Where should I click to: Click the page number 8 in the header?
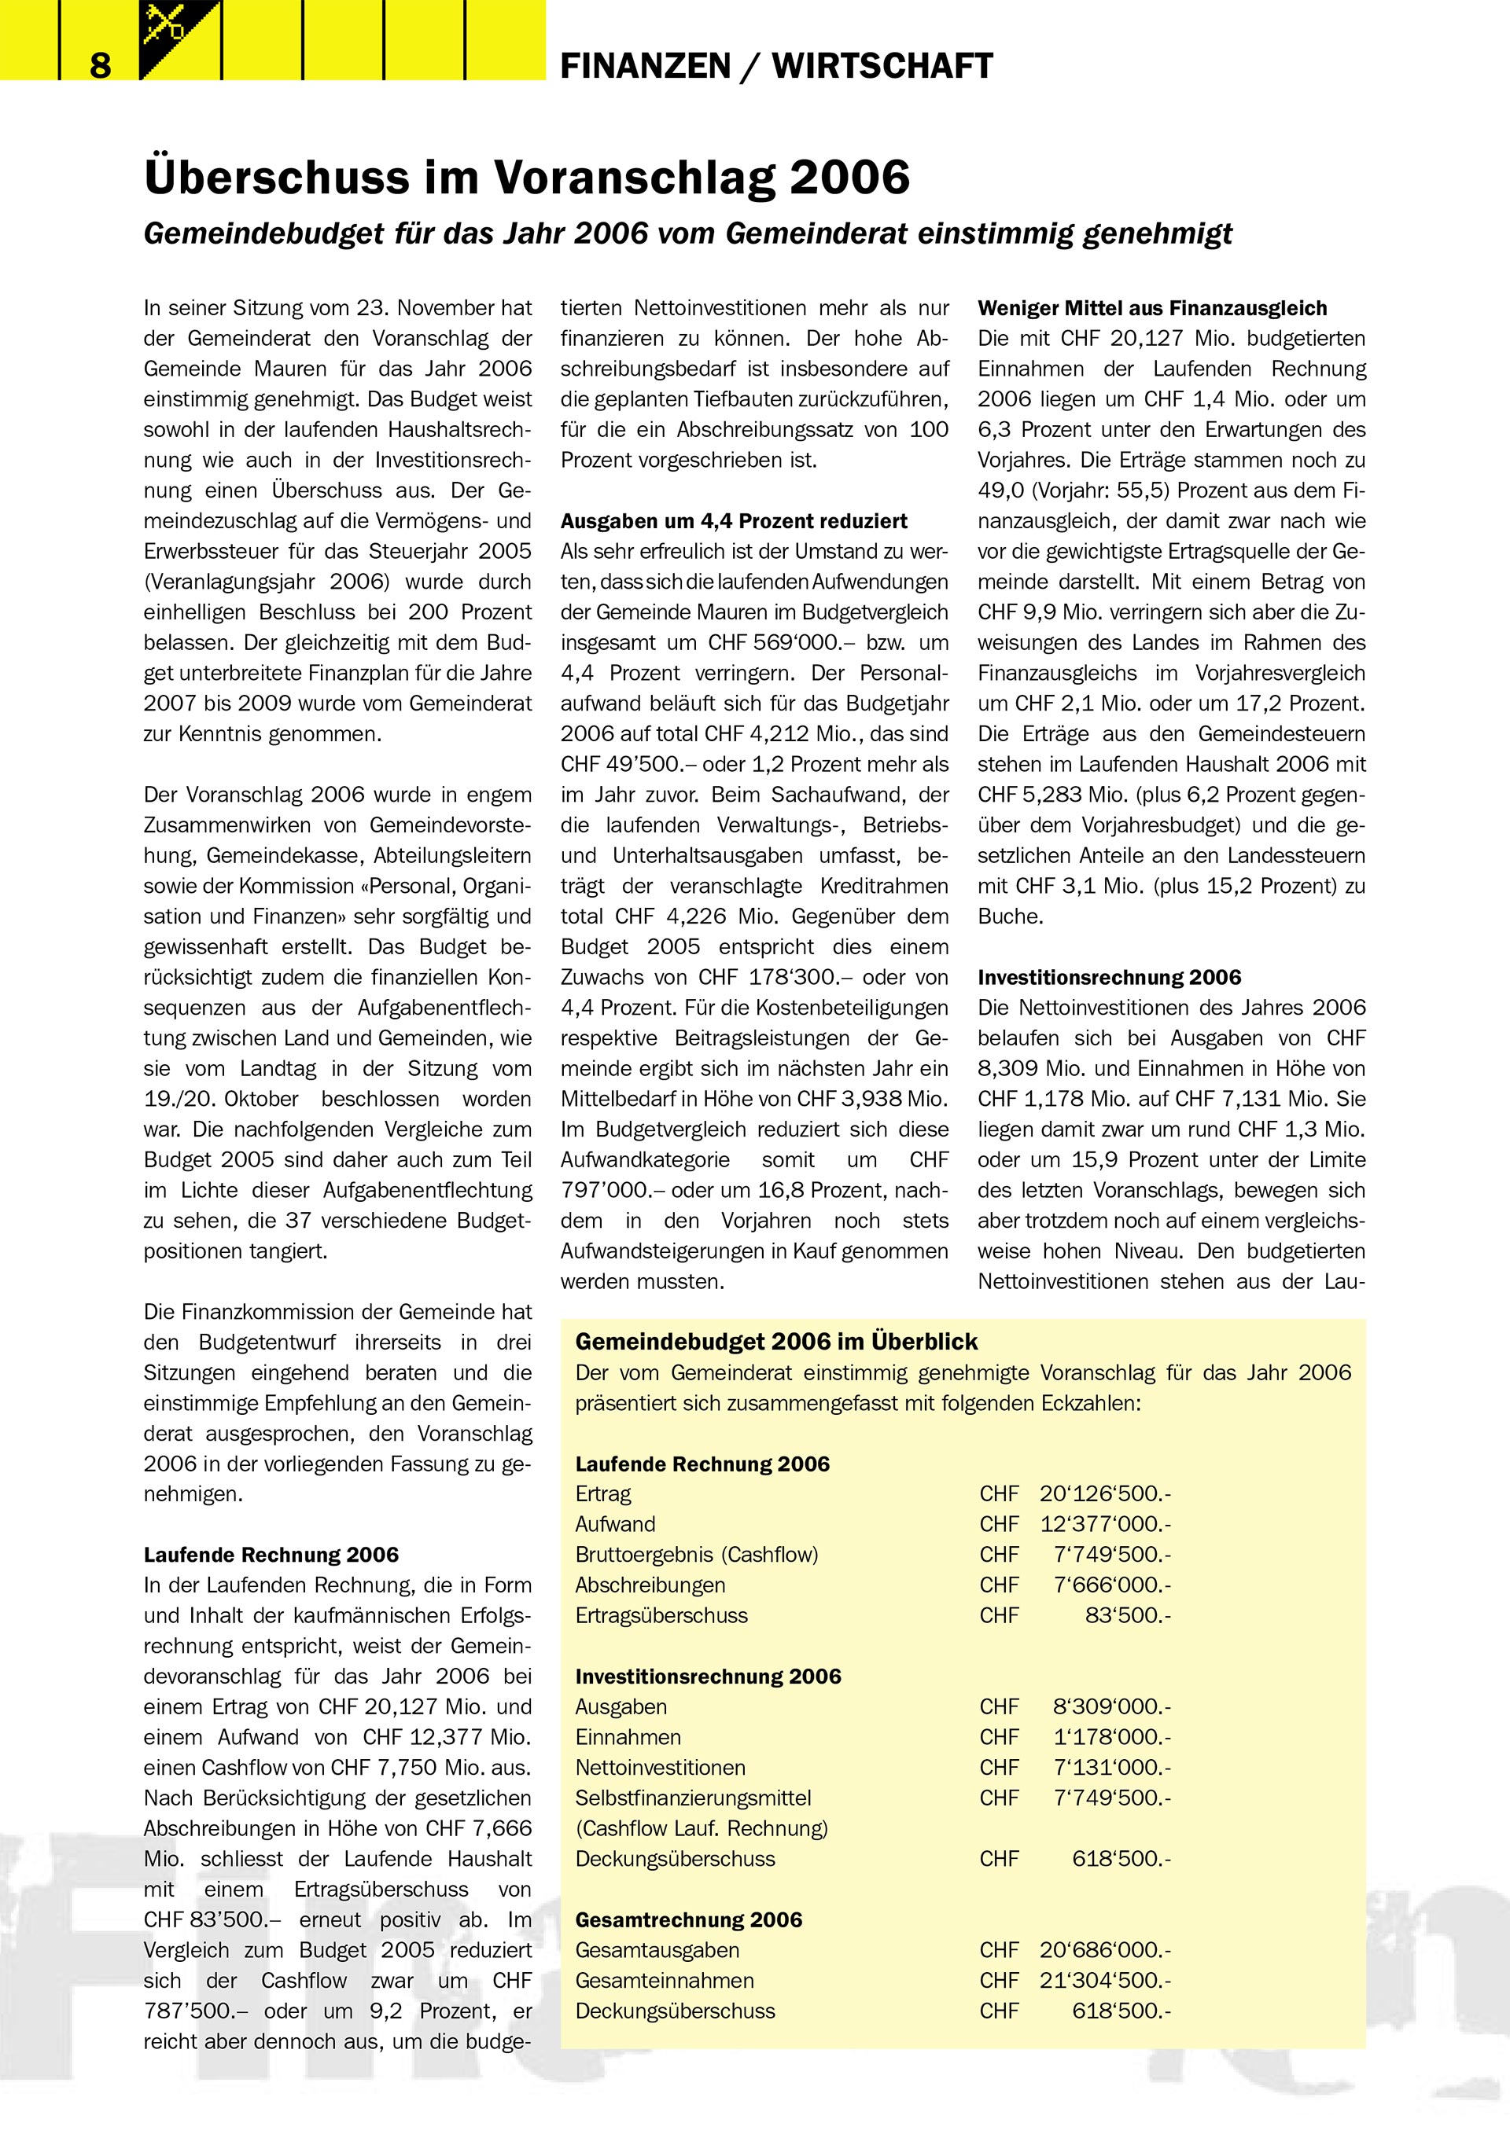[x=101, y=65]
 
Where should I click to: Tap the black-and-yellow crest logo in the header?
[x=179, y=39]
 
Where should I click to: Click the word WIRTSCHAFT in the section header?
[x=882, y=66]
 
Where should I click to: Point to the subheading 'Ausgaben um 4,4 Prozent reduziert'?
[x=734, y=521]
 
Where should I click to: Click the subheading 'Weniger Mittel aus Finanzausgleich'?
[x=1152, y=309]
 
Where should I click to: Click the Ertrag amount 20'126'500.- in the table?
[x=1105, y=1493]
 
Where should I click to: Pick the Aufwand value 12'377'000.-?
[x=1105, y=1524]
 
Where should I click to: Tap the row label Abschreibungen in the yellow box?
[x=650, y=1585]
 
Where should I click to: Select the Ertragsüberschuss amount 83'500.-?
[x=1127, y=1615]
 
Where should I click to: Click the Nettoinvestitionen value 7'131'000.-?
[x=1112, y=1768]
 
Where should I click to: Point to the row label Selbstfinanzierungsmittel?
[x=693, y=1798]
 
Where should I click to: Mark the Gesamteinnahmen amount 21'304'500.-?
[x=1105, y=1981]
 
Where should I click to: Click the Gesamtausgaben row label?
[x=657, y=1950]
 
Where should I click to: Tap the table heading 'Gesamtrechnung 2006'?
[x=688, y=1920]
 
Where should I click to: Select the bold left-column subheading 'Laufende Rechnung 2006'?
[x=271, y=1555]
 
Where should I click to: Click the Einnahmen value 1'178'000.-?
[x=1112, y=1737]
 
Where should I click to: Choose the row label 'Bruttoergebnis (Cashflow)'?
[x=697, y=1555]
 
